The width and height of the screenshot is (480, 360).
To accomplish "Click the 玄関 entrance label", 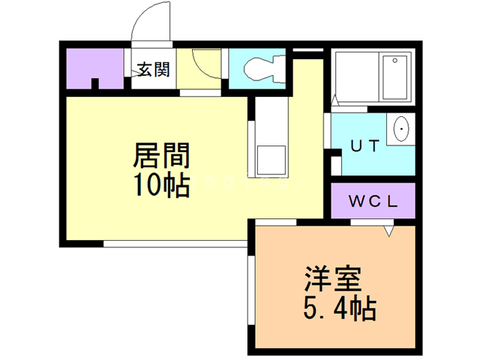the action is (x=153, y=70).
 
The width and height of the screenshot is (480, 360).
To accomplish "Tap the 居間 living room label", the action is (x=162, y=155).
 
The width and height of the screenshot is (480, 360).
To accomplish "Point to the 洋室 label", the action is (x=333, y=279).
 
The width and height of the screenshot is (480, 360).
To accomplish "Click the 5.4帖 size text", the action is (x=340, y=308).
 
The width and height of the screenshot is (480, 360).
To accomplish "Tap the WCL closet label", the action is (x=373, y=202).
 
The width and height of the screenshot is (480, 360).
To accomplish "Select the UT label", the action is (x=365, y=146).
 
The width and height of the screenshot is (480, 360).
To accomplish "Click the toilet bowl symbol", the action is (x=265, y=69).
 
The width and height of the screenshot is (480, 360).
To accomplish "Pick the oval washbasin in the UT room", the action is (x=400, y=129).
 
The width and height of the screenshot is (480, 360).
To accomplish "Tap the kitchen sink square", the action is (x=271, y=160).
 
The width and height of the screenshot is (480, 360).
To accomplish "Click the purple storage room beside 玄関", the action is (x=95, y=68).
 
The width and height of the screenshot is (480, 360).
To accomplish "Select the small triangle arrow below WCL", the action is (x=388, y=231).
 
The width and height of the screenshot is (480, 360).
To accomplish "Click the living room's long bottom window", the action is (x=175, y=244).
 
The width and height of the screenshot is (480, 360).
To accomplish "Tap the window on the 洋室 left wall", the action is (x=251, y=290).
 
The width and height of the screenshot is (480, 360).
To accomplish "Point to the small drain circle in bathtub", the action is (x=395, y=61).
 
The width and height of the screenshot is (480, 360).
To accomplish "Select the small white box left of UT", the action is (x=336, y=165).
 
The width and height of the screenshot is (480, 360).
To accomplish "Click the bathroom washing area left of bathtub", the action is (x=357, y=77).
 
